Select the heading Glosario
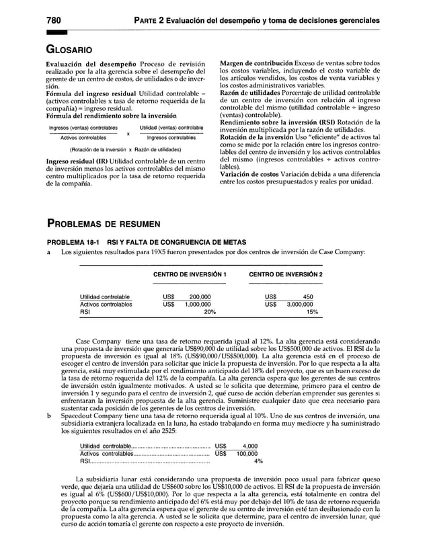tap(71, 49)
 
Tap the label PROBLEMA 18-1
tap(74, 242)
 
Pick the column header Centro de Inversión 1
tap(190, 275)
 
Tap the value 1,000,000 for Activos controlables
tap(194, 304)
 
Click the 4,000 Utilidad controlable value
tap(249, 446)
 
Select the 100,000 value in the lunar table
tap(247, 453)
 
